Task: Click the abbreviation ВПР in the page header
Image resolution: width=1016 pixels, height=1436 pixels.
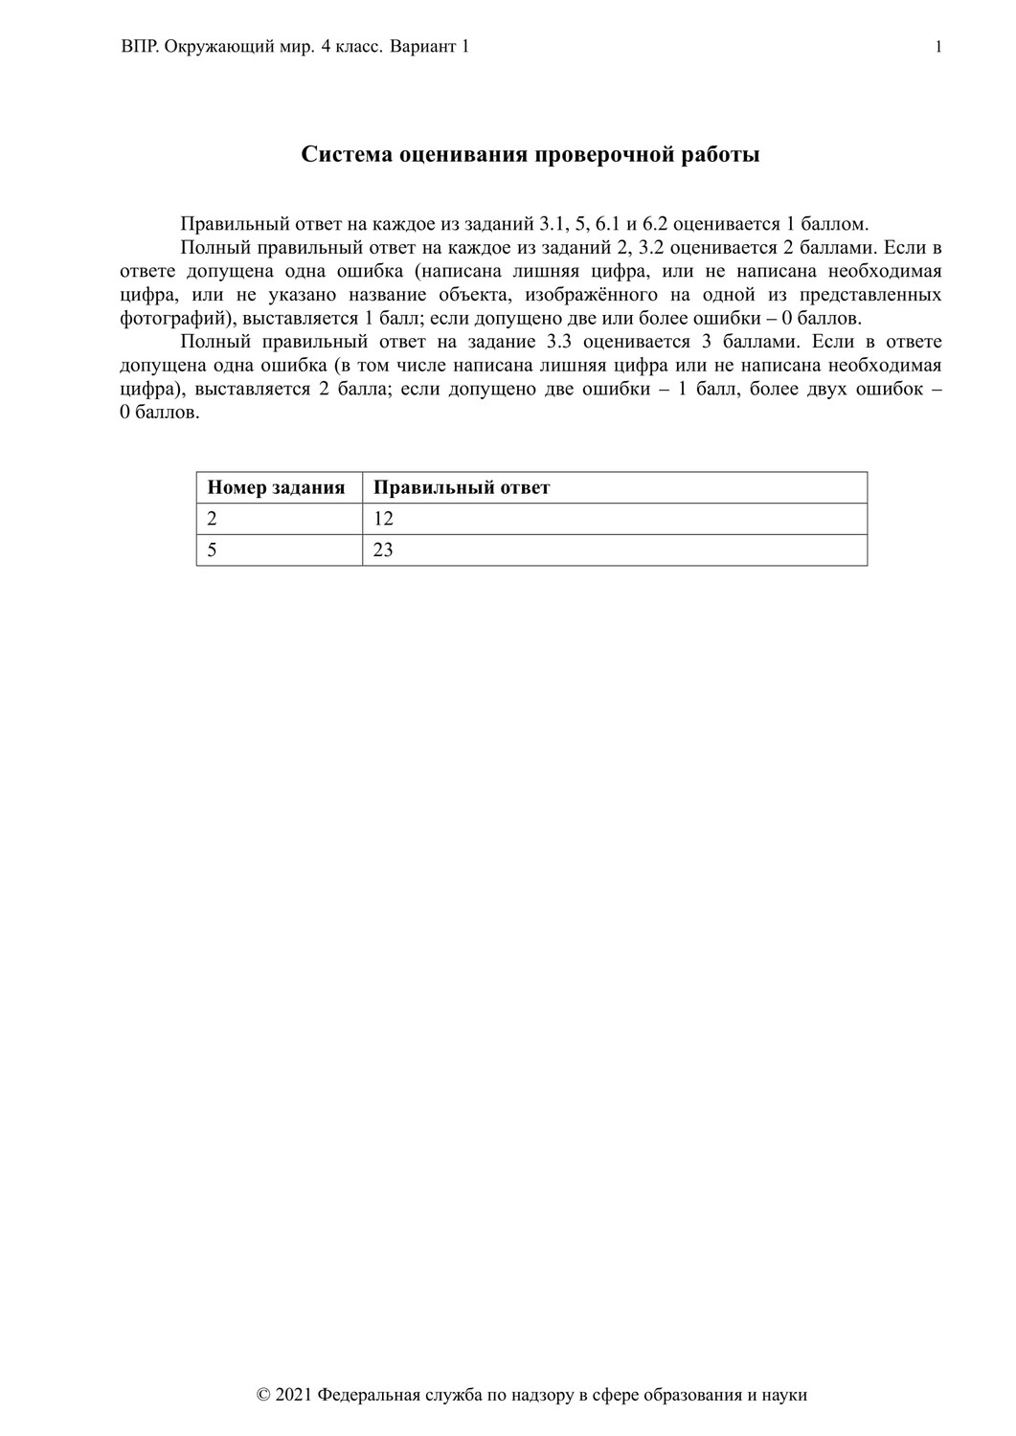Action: click(139, 47)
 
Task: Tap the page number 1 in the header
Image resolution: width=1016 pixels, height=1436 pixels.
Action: click(938, 47)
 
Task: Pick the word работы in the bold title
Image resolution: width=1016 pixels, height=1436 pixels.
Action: click(718, 155)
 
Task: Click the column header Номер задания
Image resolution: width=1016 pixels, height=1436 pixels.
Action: click(276, 487)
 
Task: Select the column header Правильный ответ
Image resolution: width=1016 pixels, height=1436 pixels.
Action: click(462, 487)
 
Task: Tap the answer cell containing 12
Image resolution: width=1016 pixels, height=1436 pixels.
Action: click(384, 519)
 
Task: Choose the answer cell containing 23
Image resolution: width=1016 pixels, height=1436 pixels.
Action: click(384, 550)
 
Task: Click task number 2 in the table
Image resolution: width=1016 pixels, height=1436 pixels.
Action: click(213, 519)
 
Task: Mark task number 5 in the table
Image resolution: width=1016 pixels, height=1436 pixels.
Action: click(213, 550)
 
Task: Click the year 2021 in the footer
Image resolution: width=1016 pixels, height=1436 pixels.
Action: click(293, 1395)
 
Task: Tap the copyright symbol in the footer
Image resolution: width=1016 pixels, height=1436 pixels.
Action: click(264, 1395)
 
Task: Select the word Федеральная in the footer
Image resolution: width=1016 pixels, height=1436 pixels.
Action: click(373, 1395)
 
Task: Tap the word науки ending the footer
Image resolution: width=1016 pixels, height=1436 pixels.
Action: click(784, 1395)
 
